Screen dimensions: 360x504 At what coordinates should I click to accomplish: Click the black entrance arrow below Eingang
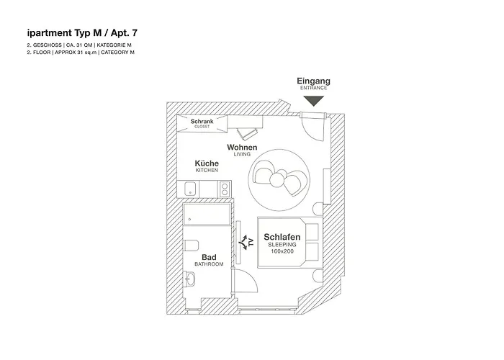click(314, 102)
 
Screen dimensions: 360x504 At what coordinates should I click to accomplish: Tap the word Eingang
click(314, 81)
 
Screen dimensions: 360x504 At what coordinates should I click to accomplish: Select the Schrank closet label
click(202, 122)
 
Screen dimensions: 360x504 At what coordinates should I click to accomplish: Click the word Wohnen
click(242, 148)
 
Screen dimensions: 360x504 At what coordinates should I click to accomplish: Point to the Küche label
click(207, 163)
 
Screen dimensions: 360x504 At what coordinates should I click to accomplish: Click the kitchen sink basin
click(191, 190)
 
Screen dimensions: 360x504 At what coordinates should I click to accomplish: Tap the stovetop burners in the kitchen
click(224, 190)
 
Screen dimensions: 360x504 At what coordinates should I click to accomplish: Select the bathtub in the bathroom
click(207, 214)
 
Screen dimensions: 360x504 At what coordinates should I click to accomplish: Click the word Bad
click(209, 257)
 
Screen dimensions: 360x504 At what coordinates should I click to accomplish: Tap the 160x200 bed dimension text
click(282, 252)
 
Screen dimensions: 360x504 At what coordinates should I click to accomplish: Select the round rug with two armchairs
click(280, 174)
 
